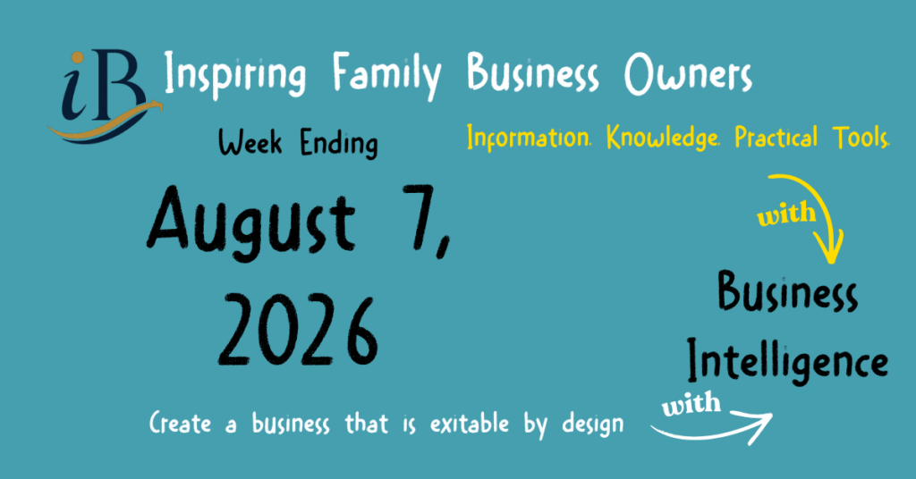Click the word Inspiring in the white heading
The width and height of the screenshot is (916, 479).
tap(235, 75)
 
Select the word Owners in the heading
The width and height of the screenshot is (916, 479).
tap(688, 75)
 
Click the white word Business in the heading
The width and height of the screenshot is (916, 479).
tap(533, 73)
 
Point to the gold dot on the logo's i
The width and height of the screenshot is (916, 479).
tap(77, 58)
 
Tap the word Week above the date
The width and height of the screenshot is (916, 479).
tap(250, 142)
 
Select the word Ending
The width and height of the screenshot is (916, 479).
tap(339, 144)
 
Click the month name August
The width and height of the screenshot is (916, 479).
tap(251, 223)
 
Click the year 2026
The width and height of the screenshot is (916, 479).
tap(298, 331)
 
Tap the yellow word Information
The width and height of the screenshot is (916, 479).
tap(529, 138)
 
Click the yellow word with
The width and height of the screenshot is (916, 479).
tap(786, 214)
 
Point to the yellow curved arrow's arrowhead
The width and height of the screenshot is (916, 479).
tap(831, 247)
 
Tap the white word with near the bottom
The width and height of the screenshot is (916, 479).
tap(691, 403)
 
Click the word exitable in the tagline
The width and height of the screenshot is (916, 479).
tap(470, 423)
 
